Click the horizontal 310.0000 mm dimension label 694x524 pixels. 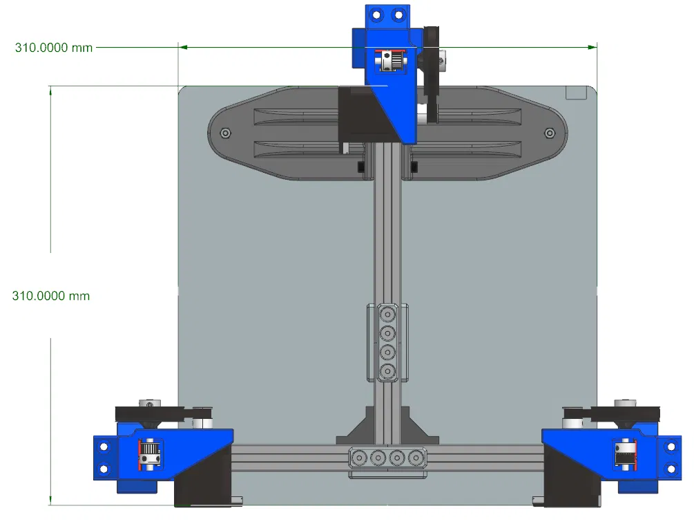(54, 48)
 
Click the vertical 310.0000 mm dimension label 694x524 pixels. (51, 295)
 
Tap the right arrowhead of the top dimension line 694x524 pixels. (592, 47)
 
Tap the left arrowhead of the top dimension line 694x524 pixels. (183, 47)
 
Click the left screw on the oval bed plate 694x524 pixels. (225, 133)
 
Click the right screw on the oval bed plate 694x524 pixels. (550, 133)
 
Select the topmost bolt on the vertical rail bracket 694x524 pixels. (387, 315)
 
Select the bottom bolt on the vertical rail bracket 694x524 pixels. (387, 371)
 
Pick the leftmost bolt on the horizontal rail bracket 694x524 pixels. (359, 458)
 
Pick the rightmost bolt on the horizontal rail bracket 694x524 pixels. (416, 458)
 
